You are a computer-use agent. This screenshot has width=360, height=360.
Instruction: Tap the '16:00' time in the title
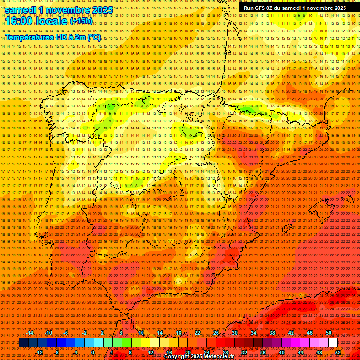click(19, 22)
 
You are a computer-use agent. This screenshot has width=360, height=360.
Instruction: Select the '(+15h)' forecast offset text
click(81, 22)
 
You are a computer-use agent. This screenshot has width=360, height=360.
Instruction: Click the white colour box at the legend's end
click(333, 343)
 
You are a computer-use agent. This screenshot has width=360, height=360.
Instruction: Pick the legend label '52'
click(338, 352)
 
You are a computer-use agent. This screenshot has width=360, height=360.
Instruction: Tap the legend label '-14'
click(30, 333)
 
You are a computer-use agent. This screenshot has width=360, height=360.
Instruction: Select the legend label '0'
click(93, 352)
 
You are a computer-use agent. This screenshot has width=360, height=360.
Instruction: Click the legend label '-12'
click(39, 352)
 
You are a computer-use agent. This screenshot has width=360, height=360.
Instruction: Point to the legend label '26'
click(216, 333)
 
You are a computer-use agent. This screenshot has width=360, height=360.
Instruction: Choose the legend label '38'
click(272, 333)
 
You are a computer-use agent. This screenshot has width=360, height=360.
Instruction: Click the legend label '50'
click(329, 333)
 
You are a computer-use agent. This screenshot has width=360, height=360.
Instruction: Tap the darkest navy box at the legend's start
click(23, 343)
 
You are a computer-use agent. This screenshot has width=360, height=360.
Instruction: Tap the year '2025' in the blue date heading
click(101, 10)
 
